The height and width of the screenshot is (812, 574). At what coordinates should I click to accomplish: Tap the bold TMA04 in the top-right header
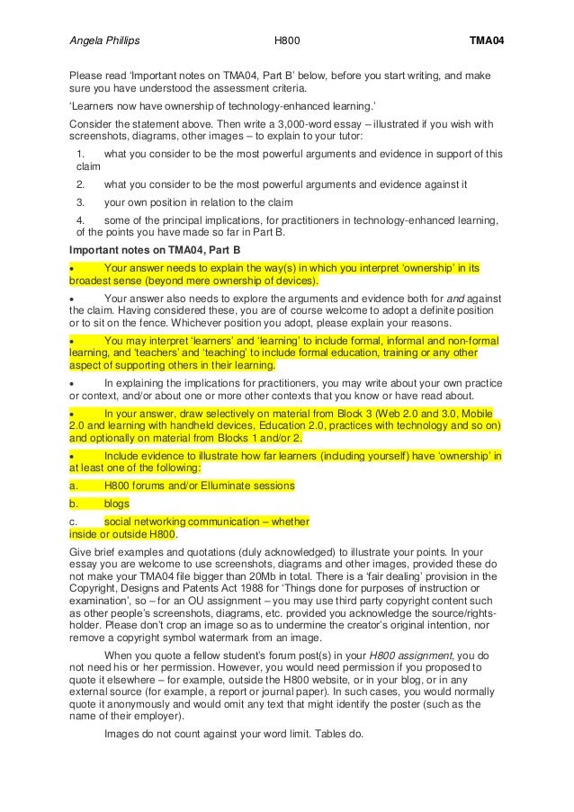pyautogui.click(x=487, y=41)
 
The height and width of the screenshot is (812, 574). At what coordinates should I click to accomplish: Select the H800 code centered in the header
pyautogui.click(x=287, y=41)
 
